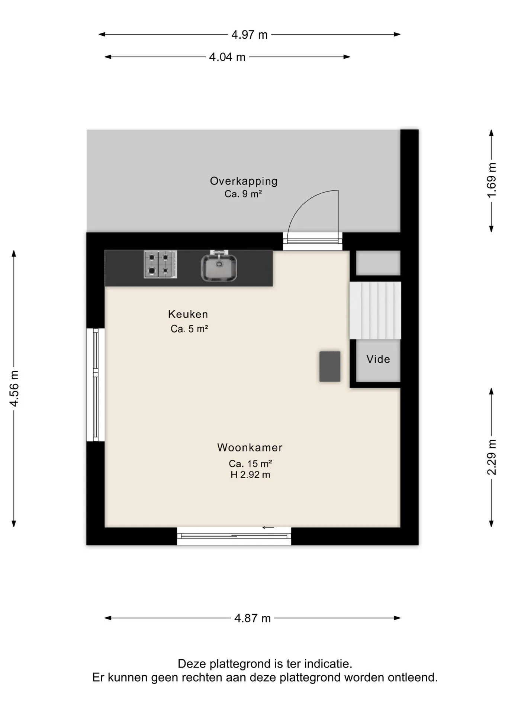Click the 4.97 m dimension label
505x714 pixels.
coord(250,35)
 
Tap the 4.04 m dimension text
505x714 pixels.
coord(227,57)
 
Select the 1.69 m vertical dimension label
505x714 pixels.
coord(492,180)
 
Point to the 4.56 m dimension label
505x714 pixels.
coord(14,389)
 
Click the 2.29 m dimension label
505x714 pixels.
coord(492,457)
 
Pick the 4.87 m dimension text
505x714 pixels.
coord(252,618)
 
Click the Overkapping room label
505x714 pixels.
coord(244,181)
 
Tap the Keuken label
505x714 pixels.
coord(188,314)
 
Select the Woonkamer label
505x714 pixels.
coord(250,447)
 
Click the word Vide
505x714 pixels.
coord(378,359)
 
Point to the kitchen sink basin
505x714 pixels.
coord(219,267)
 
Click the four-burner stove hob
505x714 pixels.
coord(160,264)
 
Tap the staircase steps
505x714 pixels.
coord(375,311)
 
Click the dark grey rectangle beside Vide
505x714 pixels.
coord(330,366)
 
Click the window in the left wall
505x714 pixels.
coord(96,385)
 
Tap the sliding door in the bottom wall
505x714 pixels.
coord(234,536)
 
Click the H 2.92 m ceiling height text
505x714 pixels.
coord(250,475)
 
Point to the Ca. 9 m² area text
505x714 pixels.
coord(243,194)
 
